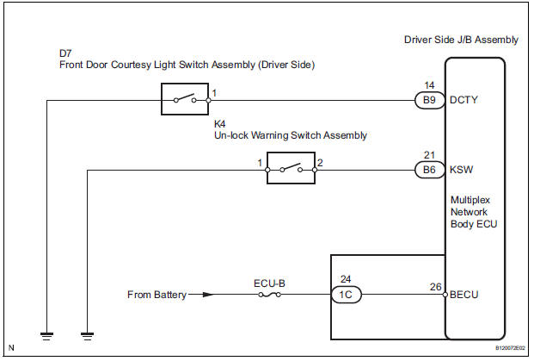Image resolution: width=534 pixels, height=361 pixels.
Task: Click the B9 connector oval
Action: point(427,100)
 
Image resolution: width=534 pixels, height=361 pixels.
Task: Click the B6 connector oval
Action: point(427,170)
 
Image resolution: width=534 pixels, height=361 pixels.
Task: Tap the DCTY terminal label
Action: point(463,100)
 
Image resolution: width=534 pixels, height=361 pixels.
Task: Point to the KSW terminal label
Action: point(461,170)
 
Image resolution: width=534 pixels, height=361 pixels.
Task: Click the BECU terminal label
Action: point(464,294)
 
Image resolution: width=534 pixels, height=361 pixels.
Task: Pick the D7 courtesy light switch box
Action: point(185,100)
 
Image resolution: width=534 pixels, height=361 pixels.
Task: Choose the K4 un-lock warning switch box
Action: point(290,169)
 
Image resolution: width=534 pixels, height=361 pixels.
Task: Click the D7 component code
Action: point(65,53)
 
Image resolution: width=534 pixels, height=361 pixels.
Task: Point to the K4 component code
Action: point(220,122)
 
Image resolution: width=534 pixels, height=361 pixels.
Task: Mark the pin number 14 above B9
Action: point(428,84)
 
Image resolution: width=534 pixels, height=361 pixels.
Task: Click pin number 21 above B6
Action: point(428,154)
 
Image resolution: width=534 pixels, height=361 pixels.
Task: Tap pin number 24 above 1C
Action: point(347,278)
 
